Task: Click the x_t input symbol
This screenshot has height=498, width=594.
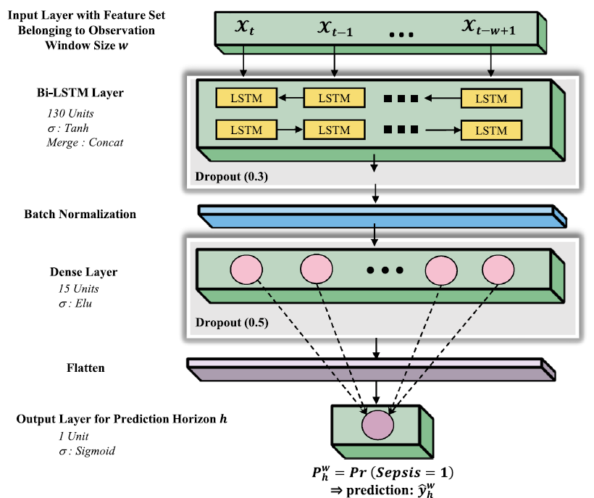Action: pos(245,27)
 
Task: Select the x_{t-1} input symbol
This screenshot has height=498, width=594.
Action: pos(335,28)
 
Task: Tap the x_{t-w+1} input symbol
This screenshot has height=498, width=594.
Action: pos(489,28)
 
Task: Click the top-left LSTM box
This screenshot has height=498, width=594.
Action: pos(246,98)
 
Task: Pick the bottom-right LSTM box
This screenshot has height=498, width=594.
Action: pos(491,130)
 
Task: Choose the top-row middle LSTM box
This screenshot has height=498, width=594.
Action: pos(334,98)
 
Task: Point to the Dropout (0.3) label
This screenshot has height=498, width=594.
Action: pos(232,177)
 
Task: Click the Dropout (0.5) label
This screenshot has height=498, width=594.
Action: pos(232,323)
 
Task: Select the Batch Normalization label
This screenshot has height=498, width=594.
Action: pos(80,214)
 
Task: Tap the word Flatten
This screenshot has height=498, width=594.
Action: pos(85,368)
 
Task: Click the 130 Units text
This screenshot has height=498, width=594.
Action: pos(70,113)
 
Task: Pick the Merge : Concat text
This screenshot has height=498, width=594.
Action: pos(85,143)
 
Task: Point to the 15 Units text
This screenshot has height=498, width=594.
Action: pos(78,289)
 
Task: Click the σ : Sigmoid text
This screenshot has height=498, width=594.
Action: pos(87,451)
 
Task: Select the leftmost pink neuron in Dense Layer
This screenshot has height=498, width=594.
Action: pos(246,270)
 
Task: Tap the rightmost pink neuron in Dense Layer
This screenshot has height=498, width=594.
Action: pos(498,270)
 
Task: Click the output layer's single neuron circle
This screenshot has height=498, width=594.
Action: pos(377,426)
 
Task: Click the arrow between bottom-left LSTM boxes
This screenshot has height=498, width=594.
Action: pos(290,130)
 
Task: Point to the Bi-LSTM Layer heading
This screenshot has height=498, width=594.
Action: pos(80,93)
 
